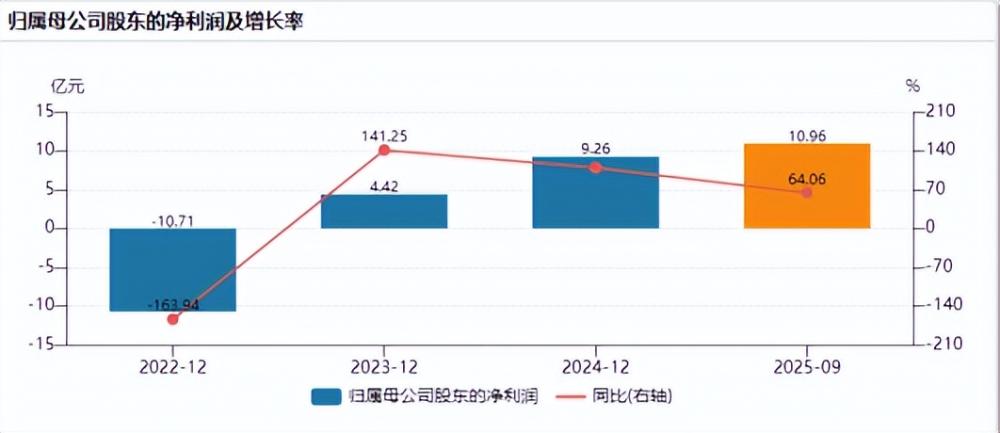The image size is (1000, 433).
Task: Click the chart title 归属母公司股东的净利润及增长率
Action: (x=156, y=22)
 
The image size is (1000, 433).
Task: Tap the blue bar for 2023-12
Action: (x=384, y=211)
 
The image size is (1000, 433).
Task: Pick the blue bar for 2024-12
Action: (x=595, y=193)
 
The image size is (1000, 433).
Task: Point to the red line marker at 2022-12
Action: (x=172, y=319)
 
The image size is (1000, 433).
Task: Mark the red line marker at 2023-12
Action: (x=384, y=150)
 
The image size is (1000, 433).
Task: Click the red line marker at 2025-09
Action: (x=806, y=192)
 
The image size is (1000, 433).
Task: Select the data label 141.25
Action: (x=384, y=136)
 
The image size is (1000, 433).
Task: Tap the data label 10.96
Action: (x=806, y=136)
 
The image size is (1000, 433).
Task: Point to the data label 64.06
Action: (x=806, y=179)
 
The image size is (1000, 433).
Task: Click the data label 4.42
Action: (x=384, y=186)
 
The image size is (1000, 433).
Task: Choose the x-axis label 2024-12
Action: (x=595, y=365)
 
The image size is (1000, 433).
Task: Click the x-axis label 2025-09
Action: (x=806, y=365)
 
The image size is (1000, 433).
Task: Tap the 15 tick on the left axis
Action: (x=43, y=111)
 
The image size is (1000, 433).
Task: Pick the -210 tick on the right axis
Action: (x=942, y=345)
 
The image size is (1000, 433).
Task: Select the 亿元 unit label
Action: (x=67, y=87)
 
